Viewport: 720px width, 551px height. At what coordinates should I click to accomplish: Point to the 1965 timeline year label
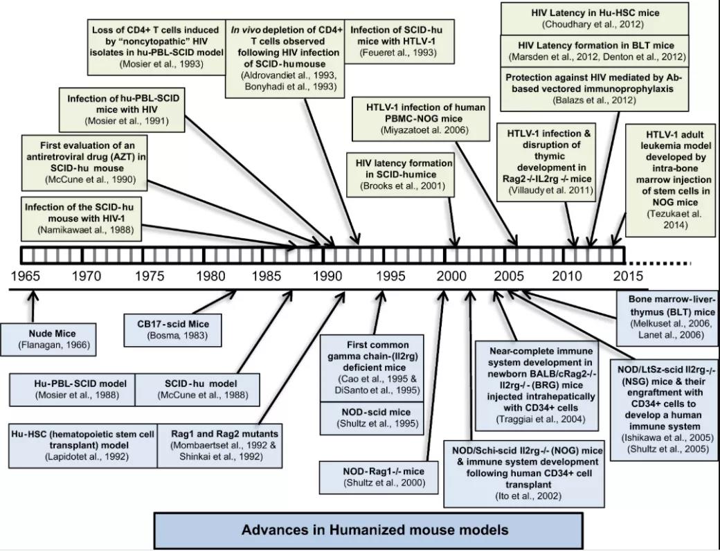[x=25, y=276]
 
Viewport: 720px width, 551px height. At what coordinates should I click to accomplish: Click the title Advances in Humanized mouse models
[x=375, y=531]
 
